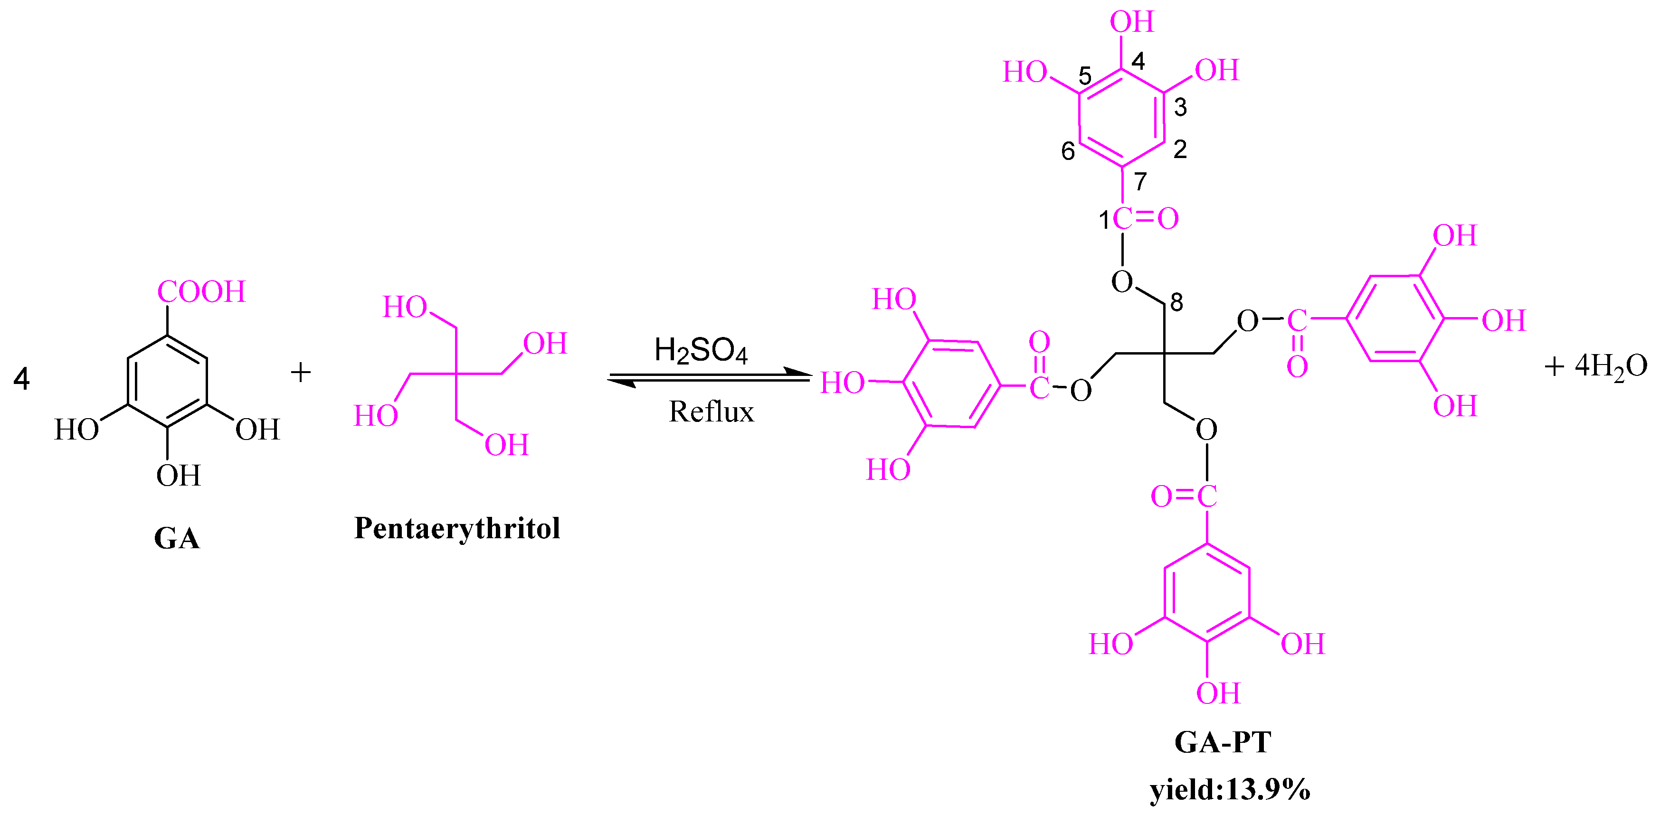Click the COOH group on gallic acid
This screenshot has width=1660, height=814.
click(x=202, y=292)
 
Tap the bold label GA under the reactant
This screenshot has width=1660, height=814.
click(x=177, y=538)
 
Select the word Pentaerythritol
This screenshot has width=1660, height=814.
click(x=457, y=528)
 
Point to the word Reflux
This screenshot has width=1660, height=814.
click(x=711, y=412)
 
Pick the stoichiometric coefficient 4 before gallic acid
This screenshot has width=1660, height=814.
click(x=21, y=379)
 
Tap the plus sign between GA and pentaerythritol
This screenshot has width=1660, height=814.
click(x=300, y=372)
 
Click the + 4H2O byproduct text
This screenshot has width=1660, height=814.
click(x=1595, y=367)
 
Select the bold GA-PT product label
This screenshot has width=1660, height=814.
click(x=1223, y=742)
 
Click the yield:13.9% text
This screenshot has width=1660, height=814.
click(x=1230, y=789)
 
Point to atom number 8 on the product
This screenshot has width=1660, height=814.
click(x=1176, y=302)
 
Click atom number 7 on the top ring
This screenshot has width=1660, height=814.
click(x=1140, y=182)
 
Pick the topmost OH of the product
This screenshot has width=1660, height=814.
click(x=1131, y=22)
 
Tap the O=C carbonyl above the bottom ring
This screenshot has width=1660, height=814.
click(x=1184, y=496)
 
